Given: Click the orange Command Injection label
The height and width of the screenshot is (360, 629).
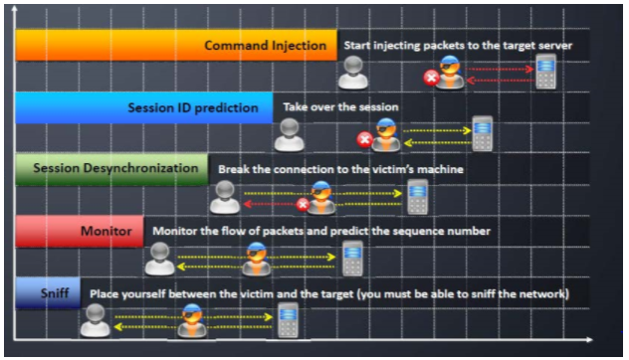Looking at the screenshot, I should click(265, 46).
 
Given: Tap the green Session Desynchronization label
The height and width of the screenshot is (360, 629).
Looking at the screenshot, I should click(115, 169).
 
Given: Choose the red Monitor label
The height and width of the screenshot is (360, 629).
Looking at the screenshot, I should click(105, 232).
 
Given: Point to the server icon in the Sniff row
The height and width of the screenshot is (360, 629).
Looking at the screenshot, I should click(289, 320).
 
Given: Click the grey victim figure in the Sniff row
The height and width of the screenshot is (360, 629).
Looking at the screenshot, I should click(96, 320).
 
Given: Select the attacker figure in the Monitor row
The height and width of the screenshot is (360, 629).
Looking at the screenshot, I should click(256, 259).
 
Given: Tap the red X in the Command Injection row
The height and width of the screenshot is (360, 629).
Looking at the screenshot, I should click(431, 77).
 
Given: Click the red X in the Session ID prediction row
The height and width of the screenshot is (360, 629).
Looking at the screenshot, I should click(364, 139).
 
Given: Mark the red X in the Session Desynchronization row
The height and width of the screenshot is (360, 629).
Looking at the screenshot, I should click(303, 204).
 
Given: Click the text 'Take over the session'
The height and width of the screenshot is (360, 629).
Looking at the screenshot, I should click(340, 107).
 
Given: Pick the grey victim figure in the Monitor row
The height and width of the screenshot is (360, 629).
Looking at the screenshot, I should click(159, 259).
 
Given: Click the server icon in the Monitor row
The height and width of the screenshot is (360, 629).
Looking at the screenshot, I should click(352, 258).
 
